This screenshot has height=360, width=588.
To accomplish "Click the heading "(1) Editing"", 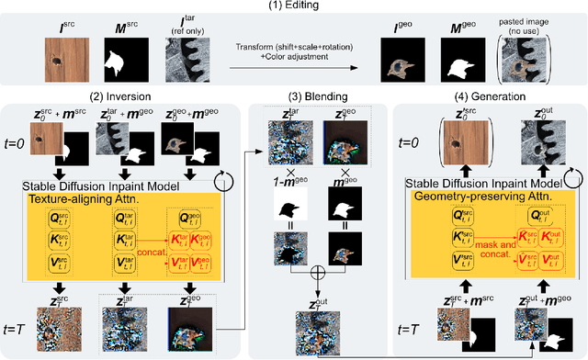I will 294,7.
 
